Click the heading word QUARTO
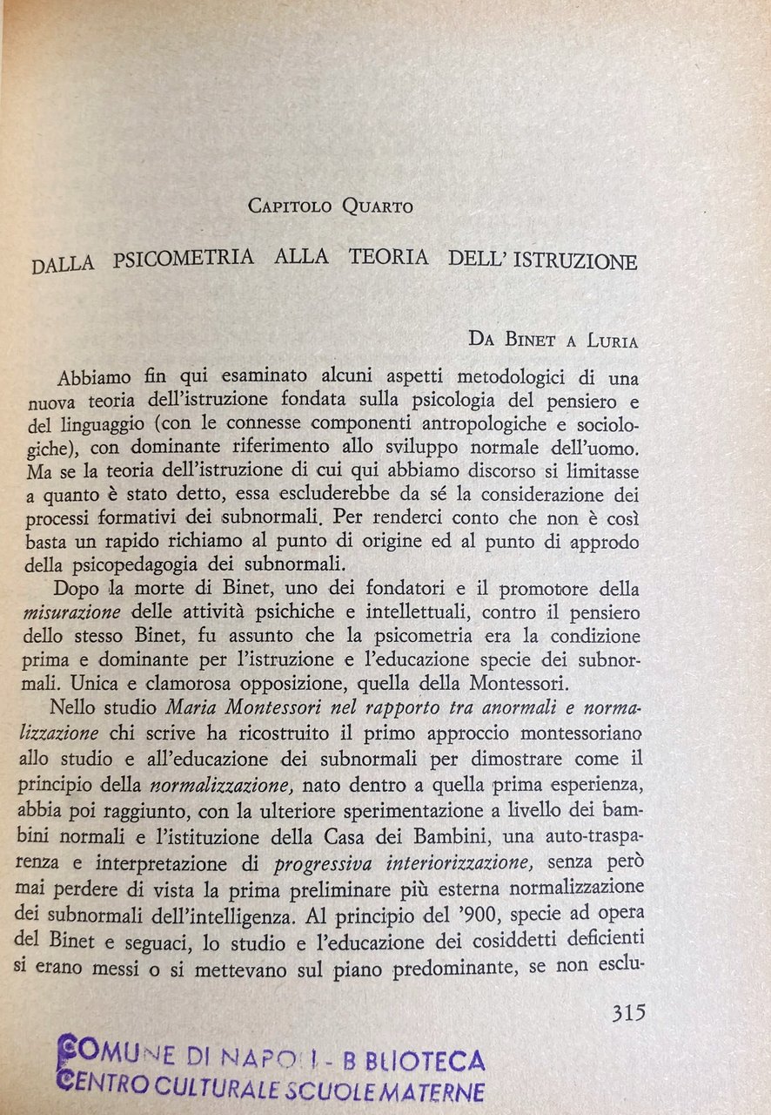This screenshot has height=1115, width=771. (x=377, y=206)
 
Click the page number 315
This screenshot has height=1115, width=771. (x=628, y=1013)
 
